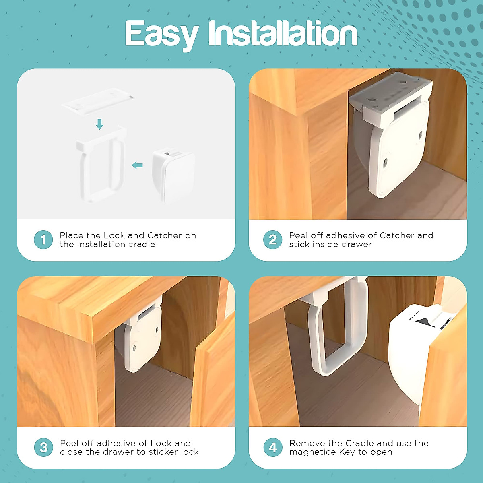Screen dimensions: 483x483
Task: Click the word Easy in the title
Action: click(161, 34)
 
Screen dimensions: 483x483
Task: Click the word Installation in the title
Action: click(283, 34)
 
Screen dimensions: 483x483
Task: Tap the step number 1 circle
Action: click(43, 240)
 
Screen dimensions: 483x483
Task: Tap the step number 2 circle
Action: click(272, 240)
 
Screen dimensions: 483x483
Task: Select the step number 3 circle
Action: click(43, 448)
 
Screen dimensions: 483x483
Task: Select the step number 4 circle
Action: click(272, 448)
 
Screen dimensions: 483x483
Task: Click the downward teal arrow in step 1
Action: click(99, 124)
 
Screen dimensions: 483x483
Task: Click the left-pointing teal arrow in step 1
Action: click(137, 165)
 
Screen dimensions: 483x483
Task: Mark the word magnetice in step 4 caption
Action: click(310, 452)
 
